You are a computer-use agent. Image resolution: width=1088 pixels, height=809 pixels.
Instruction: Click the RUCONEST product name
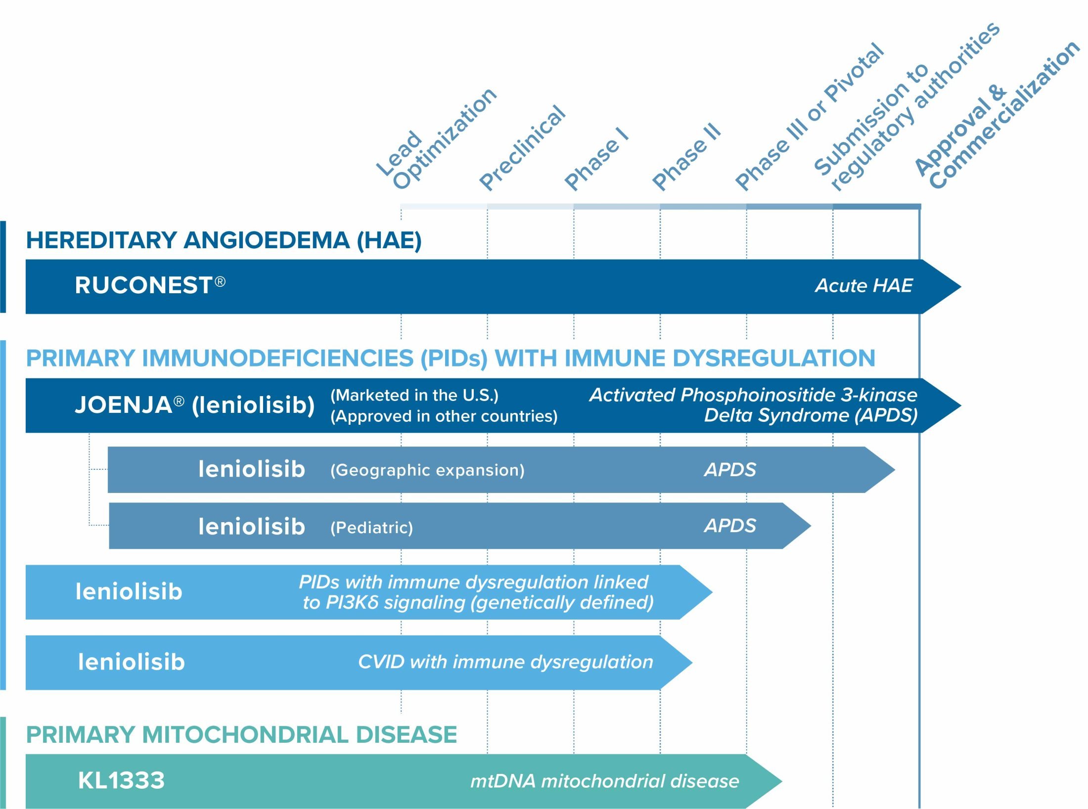(x=150, y=285)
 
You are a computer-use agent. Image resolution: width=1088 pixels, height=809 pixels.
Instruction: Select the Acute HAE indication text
(x=863, y=285)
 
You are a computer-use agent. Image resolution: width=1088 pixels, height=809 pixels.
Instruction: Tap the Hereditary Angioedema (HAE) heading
(x=224, y=240)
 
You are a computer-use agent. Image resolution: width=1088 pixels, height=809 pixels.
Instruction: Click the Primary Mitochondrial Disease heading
(x=241, y=734)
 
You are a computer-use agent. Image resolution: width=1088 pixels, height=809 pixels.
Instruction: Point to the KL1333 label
(x=121, y=780)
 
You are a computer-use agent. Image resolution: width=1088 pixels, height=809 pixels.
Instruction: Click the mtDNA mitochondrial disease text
(x=604, y=781)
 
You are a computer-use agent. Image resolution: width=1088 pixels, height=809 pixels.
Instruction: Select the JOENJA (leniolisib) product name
(x=194, y=404)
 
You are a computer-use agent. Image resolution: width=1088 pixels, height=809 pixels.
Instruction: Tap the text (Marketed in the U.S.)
(x=414, y=395)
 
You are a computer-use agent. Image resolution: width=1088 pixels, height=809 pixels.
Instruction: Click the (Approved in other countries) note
(x=444, y=416)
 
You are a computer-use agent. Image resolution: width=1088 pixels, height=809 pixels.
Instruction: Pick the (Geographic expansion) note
(x=427, y=470)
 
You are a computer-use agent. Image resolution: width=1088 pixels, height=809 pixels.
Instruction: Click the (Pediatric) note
(x=371, y=527)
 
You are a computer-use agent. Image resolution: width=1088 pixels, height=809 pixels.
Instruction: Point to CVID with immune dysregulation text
(x=505, y=662)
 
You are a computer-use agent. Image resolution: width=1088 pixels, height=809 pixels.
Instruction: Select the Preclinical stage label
(x=522, y=148)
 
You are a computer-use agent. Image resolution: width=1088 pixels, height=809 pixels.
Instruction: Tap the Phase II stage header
(x=686, y=157)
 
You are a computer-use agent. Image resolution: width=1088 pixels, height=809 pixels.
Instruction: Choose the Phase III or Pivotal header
(x=810, y=117)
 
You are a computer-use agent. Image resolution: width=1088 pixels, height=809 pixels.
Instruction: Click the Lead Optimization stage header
(x=436, y=139)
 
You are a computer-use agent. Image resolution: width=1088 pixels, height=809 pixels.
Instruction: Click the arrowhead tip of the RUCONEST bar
(x=961, y=286)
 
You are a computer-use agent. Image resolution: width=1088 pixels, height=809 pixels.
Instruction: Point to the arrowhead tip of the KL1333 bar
(x=782, y=781)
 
